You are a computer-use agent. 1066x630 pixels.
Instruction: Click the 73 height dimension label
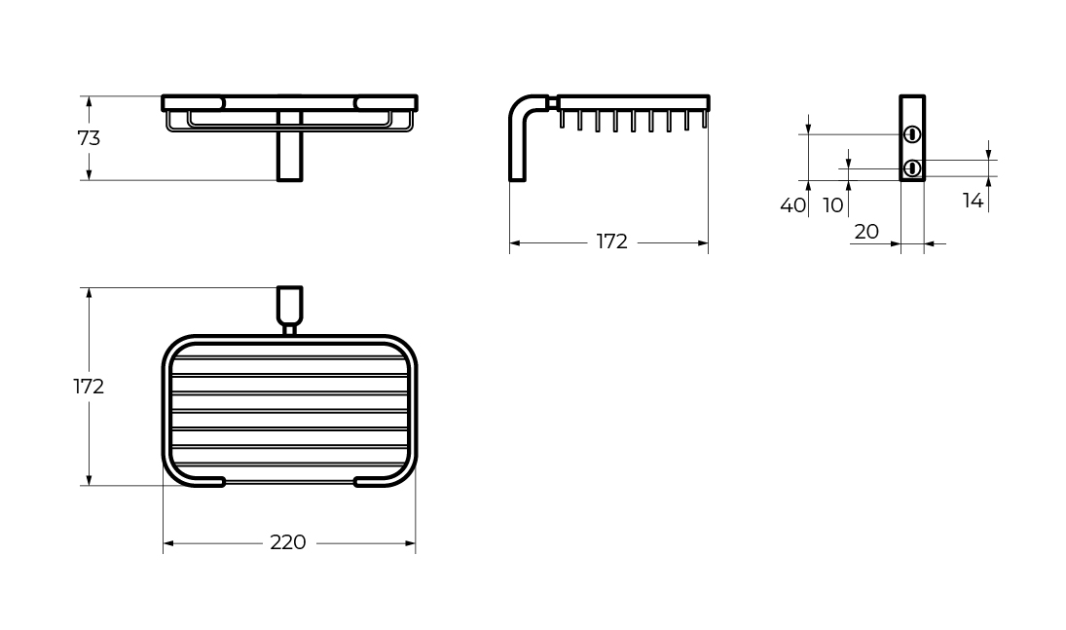[89, 138]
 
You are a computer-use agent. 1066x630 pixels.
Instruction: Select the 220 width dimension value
[288, 542]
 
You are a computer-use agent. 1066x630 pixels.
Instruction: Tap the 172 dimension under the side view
[611, 241]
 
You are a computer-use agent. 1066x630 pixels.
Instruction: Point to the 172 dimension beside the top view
[89, 387]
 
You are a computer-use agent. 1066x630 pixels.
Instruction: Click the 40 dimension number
[792, 205]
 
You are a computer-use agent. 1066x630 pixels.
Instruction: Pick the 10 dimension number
[833, 205]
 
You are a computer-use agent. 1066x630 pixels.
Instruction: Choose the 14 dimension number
[973, 201]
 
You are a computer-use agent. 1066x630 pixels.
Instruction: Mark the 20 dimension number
[865, 232]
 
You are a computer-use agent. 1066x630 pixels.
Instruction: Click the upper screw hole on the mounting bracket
[912, 134]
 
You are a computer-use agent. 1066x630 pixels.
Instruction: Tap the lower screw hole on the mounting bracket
[912, 168]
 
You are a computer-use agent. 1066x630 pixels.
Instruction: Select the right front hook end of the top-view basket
[374, 481]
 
